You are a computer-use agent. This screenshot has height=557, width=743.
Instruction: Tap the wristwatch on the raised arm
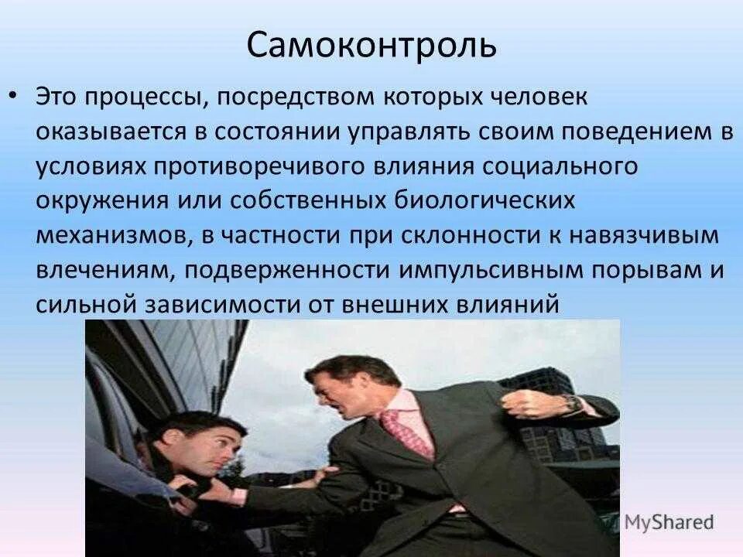coord(570,402)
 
